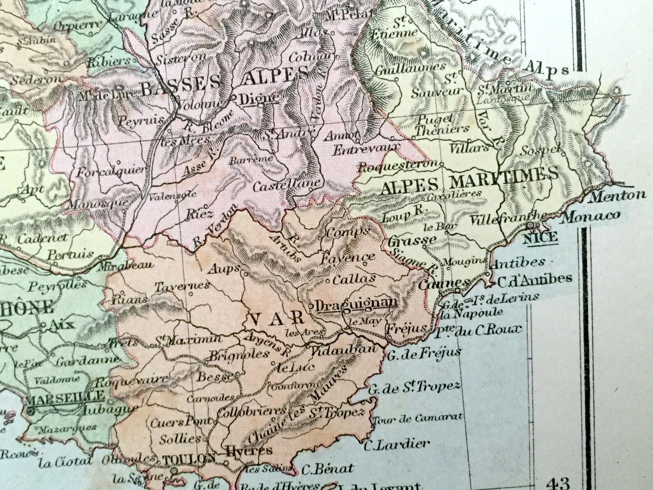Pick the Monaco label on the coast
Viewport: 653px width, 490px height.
point(590,216)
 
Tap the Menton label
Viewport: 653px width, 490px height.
point(617,195)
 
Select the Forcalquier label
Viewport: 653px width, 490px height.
point(111,171)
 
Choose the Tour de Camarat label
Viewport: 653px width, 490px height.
point(417,418)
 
